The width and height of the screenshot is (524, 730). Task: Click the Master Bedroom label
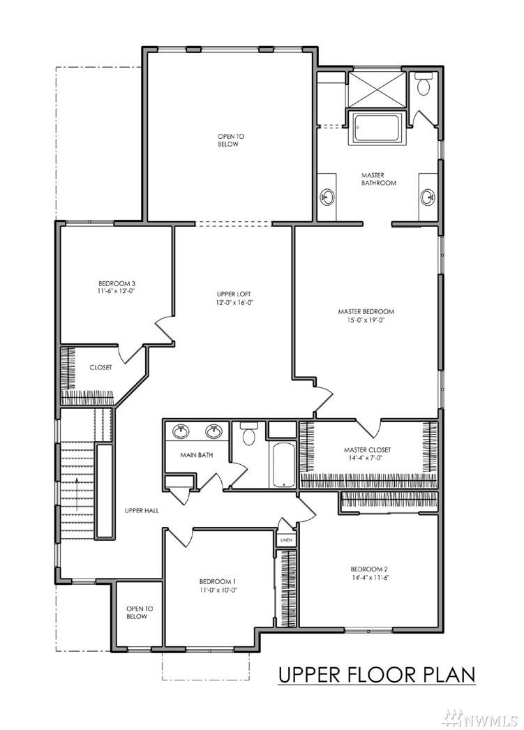click(x=366, y=311)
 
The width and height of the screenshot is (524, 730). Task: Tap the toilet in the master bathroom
click(x=423, y=84)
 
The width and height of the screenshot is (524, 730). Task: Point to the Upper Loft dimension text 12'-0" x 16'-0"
click(x=234, y=303)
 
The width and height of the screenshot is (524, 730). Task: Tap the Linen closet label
click(x=286, y=540)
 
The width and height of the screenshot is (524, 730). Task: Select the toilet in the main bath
click(x=249, y=433)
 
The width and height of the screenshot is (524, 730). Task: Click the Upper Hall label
click(x=142, y=510)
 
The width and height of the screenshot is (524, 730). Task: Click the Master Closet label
click(x=367, y=449)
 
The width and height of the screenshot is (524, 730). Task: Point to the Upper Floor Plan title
click(x=377, y=675)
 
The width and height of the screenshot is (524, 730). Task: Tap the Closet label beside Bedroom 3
click(x=100, y=367)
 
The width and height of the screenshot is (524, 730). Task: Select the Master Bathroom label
click(x=379, y=179)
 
